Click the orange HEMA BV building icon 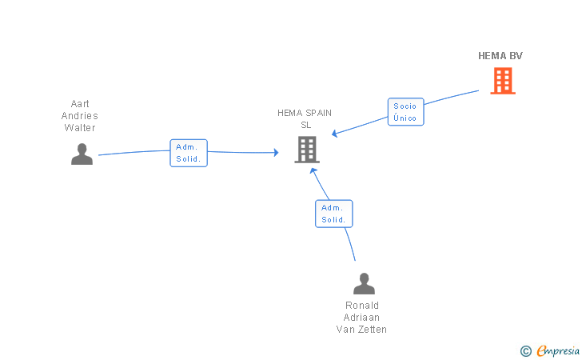(503, 81)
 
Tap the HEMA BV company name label (500, 56)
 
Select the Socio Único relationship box (405, 112)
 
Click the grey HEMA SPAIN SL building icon (307, 150)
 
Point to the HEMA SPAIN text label (305, 113)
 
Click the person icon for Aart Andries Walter (82, 154)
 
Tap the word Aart (80, 104)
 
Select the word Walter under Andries (80, 128)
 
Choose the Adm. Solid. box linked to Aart (189, 153)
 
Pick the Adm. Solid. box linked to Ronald (334, 214)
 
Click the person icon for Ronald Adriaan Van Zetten (364, 283)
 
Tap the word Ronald (362, 306)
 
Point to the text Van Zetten (361, 330)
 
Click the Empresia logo (558, 350)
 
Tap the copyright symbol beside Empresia (526, 351)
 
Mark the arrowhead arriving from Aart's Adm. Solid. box (276, 152)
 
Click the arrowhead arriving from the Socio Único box (334, 134)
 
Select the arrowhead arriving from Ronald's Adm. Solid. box (313, 171)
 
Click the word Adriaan (361, 318)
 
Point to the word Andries (80, 116)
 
